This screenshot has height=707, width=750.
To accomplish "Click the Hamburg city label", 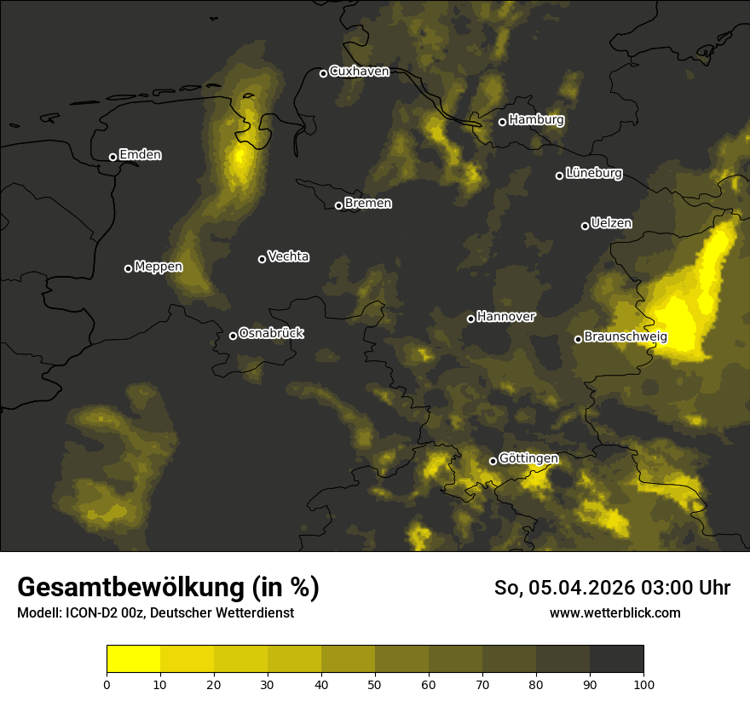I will tap(536, 120).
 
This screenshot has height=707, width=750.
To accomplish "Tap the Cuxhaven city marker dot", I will tap(323, 73).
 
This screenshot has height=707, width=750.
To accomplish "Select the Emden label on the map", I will tap(140, 155).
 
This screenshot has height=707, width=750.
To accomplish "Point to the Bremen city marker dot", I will tap(338, 205).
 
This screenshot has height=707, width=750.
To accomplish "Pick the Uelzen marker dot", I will tap(585, 226).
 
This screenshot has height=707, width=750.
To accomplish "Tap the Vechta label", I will tap(288, 256).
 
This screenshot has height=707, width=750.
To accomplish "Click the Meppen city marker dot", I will tap(128, 268).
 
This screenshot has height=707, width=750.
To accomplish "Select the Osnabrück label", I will tap(271, 333).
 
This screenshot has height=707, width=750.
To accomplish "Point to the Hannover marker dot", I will tap(470, 319).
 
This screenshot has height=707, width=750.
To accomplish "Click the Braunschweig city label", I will tap(626, 337).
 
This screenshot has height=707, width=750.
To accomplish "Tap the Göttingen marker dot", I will tap(493, 461).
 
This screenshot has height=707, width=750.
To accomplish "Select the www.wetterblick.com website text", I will tap(614, 612).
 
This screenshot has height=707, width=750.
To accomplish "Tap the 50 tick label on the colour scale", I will tap(375, 684).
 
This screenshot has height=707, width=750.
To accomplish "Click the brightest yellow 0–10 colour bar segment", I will tap(133, 659).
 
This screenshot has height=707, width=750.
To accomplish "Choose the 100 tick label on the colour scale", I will tap(643, 684).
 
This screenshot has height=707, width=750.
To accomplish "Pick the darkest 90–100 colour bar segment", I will tap(616, 659).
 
